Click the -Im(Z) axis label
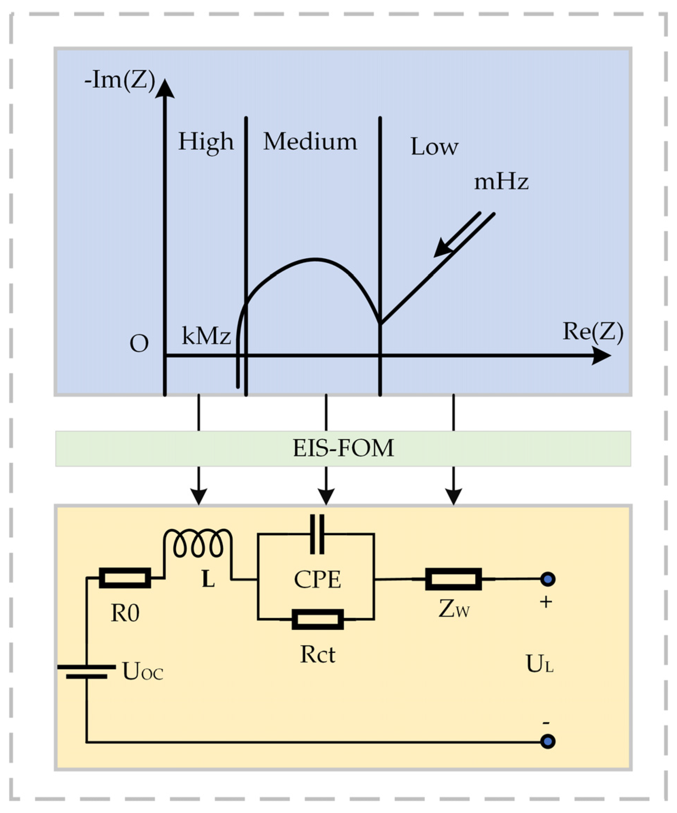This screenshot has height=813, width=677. (119, 80)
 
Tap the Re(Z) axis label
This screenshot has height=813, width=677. (592, 332)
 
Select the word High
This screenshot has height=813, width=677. (206, 142)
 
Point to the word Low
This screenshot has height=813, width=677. (434, 147)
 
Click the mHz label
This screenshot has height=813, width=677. (501, 182)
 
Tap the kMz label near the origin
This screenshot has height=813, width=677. (206, 336)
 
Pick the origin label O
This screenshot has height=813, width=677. (139, 344)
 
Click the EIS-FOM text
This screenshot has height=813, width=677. (343, 448)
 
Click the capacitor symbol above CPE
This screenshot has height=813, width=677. (317, 534)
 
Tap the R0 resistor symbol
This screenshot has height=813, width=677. (125, 578)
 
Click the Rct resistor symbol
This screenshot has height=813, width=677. (318, 619)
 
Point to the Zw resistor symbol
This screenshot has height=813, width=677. (453, 579)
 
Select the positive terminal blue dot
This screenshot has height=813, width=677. (547, 579)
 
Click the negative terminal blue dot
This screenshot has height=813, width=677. (547, 741)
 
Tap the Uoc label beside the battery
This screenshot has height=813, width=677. (143, 672)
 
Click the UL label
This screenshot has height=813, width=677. (539, 664)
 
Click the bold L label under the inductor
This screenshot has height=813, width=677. (208, 580)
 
